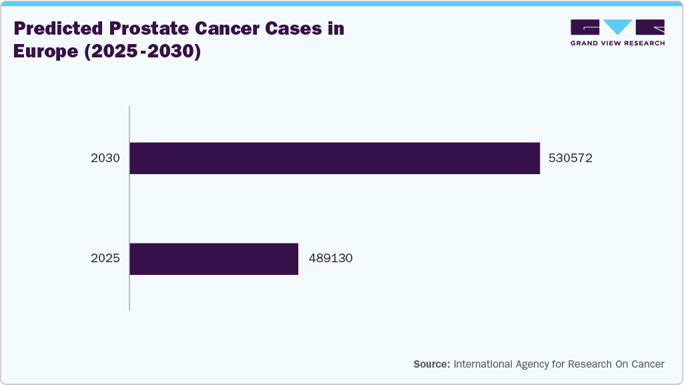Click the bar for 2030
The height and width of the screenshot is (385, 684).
pyautogui.click(x=334, y=158)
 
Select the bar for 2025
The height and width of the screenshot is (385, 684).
pyautogui.click(x=214, y=259)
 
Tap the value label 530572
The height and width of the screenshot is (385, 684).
pyautogui.click(x=570, y=159)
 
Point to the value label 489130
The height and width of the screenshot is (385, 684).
pyautogui.click(x=330, y=259)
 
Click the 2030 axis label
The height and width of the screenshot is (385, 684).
pyautogui.click(x=105, y=159)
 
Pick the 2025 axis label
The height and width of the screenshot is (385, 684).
pyautogui.click(x=105, y=259)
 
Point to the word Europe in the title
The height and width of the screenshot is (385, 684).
pyautogui.click(x=44, y=51)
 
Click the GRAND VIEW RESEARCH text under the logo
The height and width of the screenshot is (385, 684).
pyautogui.click(x=617, y=43)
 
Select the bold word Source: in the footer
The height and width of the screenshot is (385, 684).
pyautogui.click(x=431, y=364)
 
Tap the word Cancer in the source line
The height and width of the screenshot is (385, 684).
pyautogui.click(x=648, y=364)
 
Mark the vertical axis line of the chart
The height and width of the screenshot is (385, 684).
pyautogui.click(x=129, y=208)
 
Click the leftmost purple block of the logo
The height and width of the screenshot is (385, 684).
pyautogui.click(x=585, y=27)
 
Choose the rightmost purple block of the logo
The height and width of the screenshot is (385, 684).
pyautogui.click(x=650, y=27)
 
